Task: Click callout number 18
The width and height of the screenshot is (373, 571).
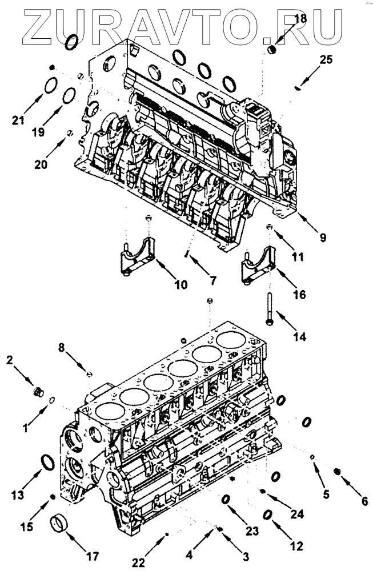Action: [x=299, y=19]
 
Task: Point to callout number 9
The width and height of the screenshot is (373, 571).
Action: [x=323, y=235]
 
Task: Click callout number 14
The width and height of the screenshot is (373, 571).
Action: [x=299, y=337]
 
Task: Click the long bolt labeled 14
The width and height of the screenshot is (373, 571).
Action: [x=268, y=308]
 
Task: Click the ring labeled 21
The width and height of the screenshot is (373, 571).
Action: [x=51, y=87]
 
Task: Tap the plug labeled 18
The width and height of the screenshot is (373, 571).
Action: [x=272, y=50]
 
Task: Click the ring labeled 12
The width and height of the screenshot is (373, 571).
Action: [x=267, y=515]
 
